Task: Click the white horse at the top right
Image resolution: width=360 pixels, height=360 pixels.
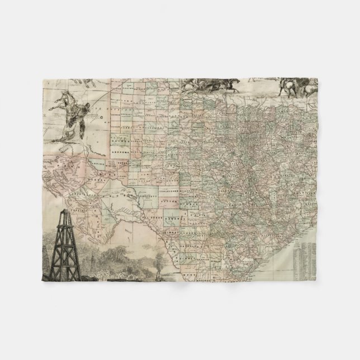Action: pos(291,84)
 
